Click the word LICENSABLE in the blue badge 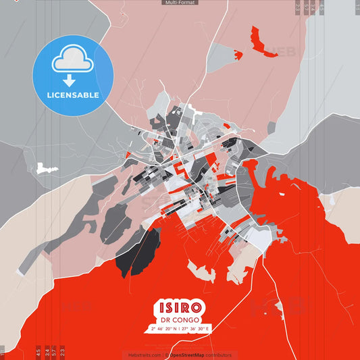click(x=72, y=95)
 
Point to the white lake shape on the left click(x=45, y=165)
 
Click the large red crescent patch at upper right click(x=259, y=41)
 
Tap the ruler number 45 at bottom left click(x=38, y=351)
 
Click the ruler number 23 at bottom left click(x=63, y=351)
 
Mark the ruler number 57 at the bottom click(x=55, y=351)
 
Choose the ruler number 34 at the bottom click(x=47, y=351)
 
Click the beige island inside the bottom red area click(x=201, y=271)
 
